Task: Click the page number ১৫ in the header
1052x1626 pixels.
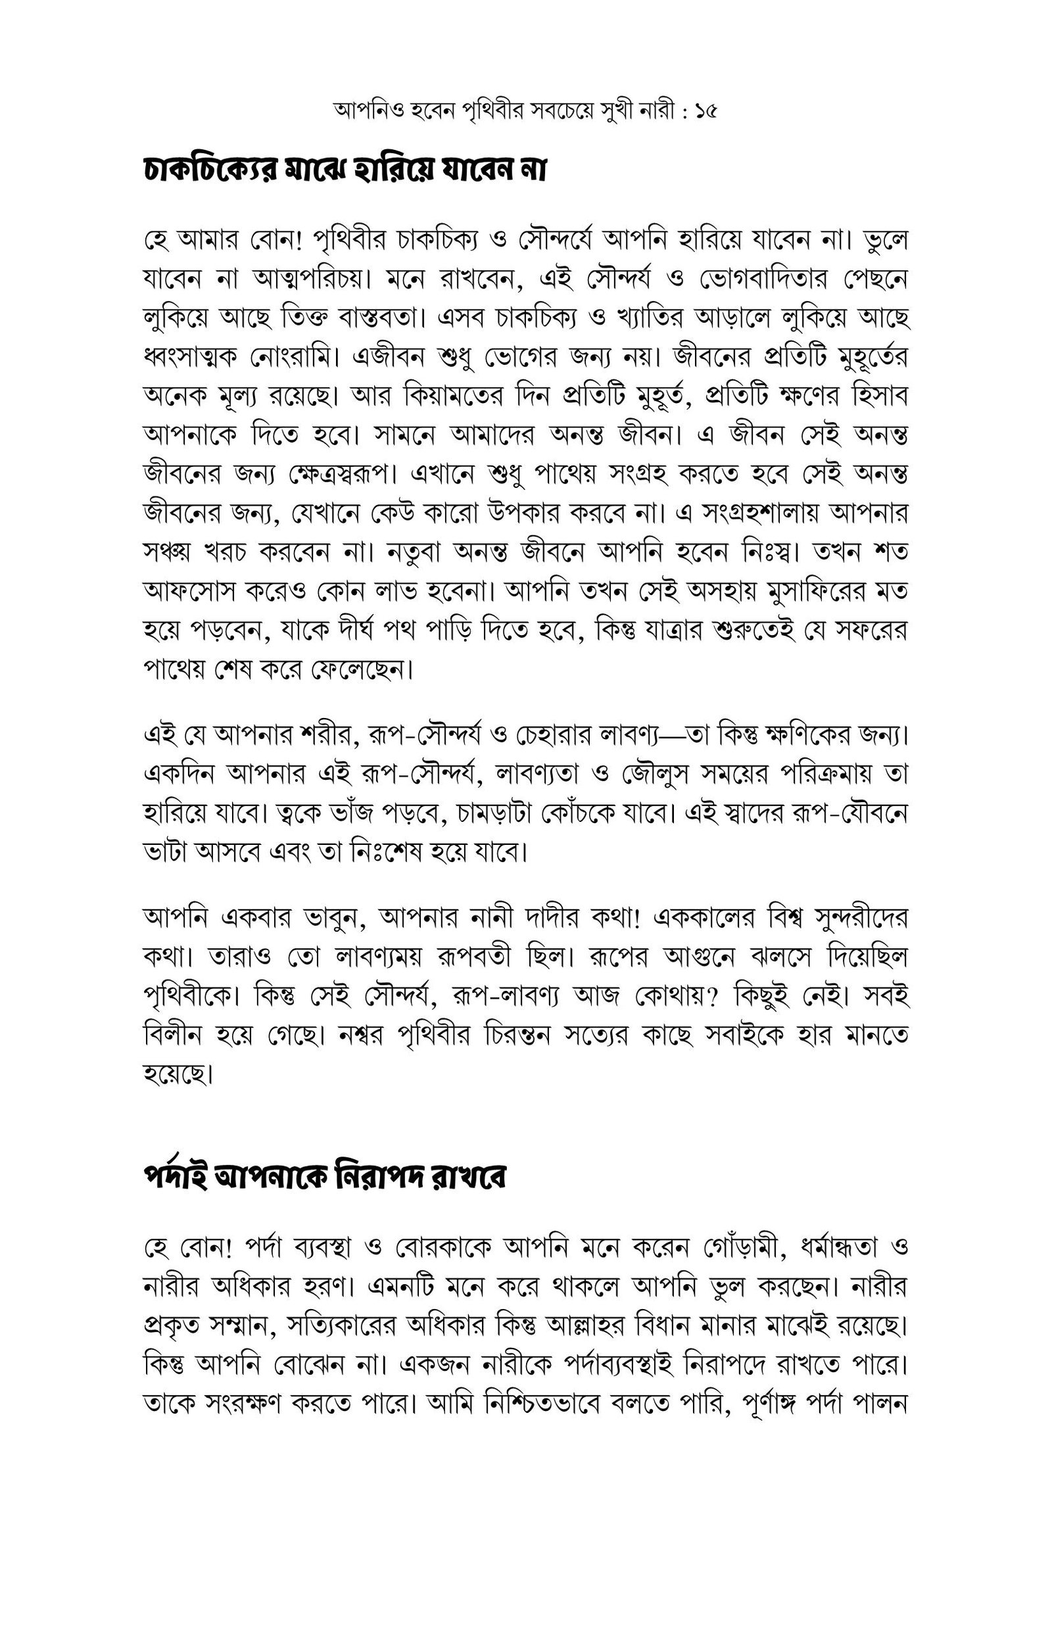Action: pyautogui.click(x=705, y=110)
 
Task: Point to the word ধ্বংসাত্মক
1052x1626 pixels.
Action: pyautogui.click(x=189, y=357)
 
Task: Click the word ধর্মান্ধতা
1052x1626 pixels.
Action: pyautogui.click(x=834, y=1247)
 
